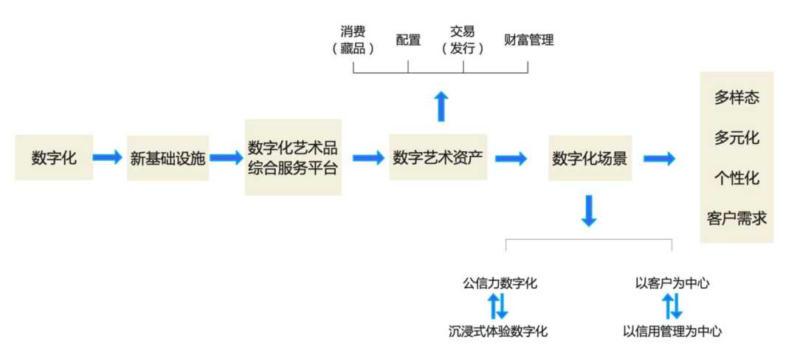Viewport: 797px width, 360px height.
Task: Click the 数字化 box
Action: [54, 157]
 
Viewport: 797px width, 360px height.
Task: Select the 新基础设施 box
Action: [168, 157]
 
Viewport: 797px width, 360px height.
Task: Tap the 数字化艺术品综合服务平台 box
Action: [293, 157]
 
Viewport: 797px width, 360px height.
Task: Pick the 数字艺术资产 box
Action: [438, 157]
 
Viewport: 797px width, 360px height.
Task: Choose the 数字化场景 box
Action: [590, 158]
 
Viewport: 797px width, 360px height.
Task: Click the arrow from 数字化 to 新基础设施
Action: [108, 157]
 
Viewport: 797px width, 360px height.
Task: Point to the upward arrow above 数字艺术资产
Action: [441, 106]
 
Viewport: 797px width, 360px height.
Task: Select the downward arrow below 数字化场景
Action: [588, 211]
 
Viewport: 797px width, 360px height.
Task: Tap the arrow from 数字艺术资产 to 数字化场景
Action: [511, 158]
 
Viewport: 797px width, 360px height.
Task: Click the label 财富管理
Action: [528, 40]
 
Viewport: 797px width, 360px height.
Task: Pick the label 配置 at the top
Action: [408, 40]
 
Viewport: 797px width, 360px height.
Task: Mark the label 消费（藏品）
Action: [353, 40]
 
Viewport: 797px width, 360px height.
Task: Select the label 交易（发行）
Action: [463, 40]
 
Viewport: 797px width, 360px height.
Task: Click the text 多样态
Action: [736, 97]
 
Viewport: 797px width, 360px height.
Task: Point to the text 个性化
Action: [736, 178]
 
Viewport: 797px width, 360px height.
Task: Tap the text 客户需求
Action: [736, 218]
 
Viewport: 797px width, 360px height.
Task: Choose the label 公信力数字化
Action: [500, 283]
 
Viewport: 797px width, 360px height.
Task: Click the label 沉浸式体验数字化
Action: [498, 331]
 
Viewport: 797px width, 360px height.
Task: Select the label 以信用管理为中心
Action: [672, 331]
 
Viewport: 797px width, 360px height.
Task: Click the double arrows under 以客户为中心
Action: [672, 306]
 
